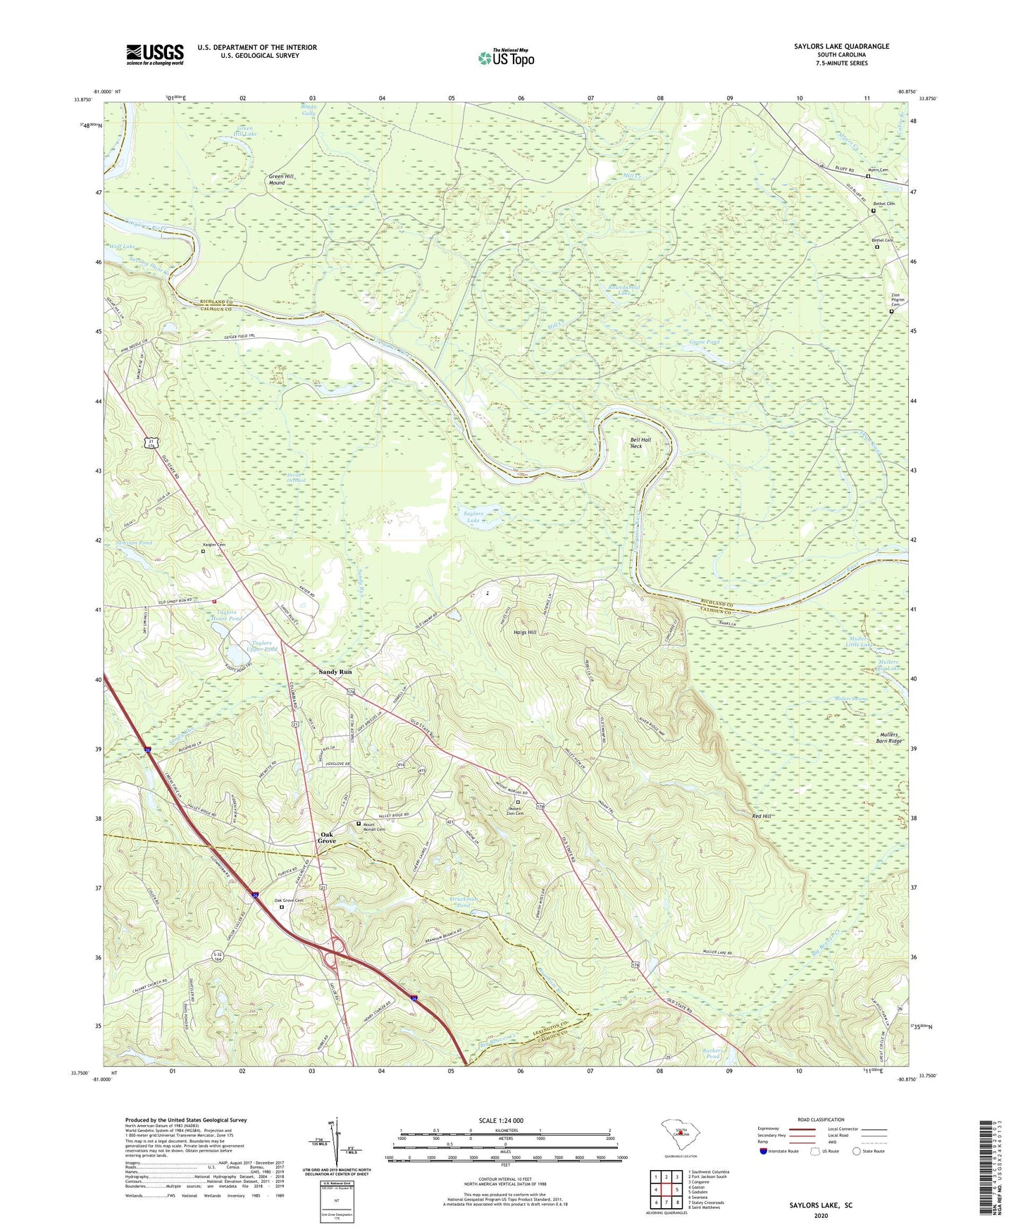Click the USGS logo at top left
click(x=154, y=54)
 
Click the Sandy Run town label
click(x=335, y=672)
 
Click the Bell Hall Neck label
click(x=640, y=442)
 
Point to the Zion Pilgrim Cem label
click(x=895, y=299)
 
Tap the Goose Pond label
click(x=704, y=342)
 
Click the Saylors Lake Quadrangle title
click(x=841, y=46)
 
